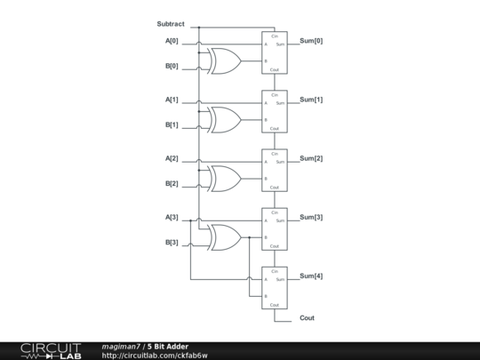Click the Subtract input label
coord(171,23)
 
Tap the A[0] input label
coord(172,41)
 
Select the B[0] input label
coord(172,66)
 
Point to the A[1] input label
coord(172,100)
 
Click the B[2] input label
coord(172,184)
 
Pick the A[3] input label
coord(172,217)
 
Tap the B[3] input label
coord(172,243)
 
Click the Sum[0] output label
coord(311,41)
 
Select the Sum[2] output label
coord(311,158)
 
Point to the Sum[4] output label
coord(311,276)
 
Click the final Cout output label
coord(307,317)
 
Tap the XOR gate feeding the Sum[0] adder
coord(223,61)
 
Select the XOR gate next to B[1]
coord(223,120)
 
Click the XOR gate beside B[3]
coord(223,237)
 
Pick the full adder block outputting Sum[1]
coord(275,111)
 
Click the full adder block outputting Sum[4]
coord(275,287)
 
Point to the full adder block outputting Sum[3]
coord(275,228)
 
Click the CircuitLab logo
coord(51,350)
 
